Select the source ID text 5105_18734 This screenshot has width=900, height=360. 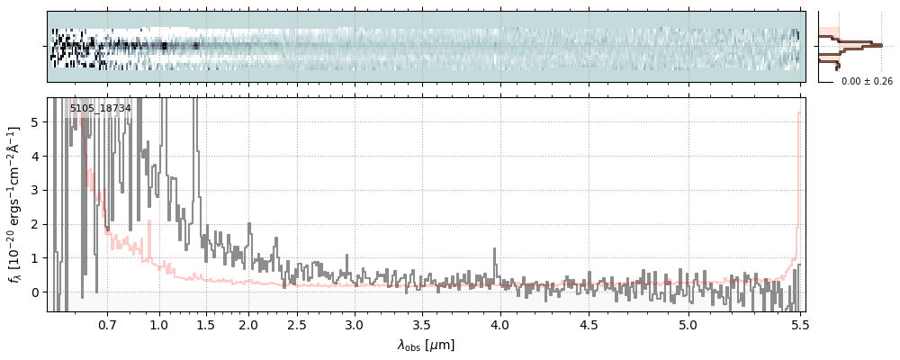coord(100,108)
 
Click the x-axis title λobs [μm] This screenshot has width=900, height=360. coord(426,345)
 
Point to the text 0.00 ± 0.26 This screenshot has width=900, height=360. coord(867,82)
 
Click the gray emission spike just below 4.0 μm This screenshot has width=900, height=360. coord(494,250)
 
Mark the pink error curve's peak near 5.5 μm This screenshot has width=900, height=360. coord(798,113)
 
